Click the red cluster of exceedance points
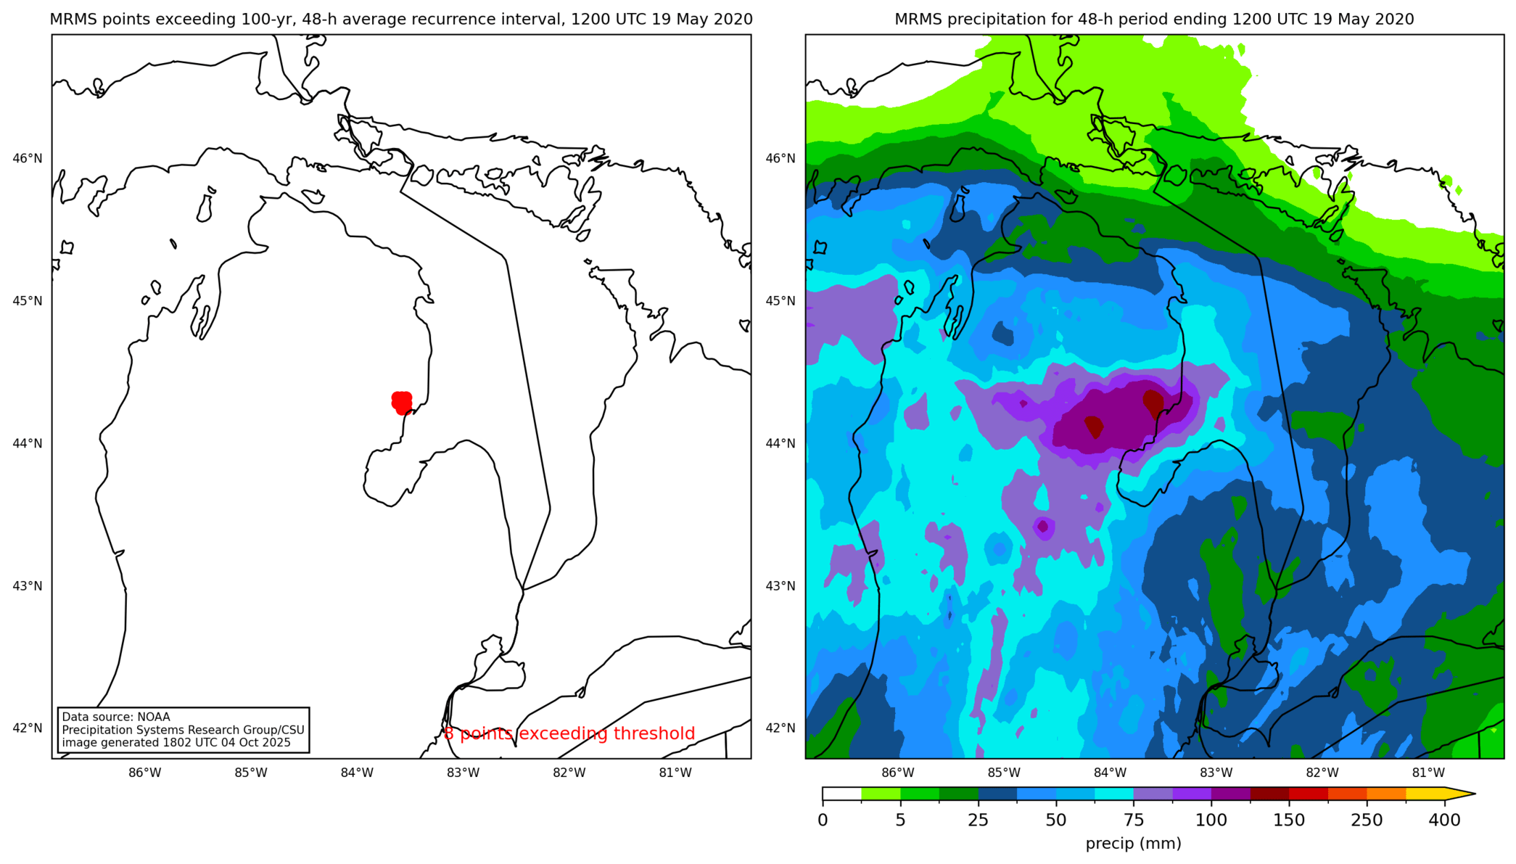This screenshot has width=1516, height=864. (402, 402)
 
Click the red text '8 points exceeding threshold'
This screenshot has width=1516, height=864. (569, 733)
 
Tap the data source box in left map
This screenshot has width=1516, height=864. (184, 730)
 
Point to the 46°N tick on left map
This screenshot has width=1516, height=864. (28, 158)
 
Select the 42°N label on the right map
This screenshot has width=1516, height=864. (780, 728)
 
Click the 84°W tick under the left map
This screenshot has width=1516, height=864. (357, 773)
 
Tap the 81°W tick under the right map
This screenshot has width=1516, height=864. (1428, 773)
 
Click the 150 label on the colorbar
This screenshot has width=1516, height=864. (1289, 820)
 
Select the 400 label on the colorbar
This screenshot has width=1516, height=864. (1444, 820)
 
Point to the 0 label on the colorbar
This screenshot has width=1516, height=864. (823, 820)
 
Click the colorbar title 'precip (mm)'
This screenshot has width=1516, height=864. (1133, 844)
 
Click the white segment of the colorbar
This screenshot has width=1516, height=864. (842, 794)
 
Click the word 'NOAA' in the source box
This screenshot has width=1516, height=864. (153, 717)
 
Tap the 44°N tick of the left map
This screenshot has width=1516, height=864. (28, 443)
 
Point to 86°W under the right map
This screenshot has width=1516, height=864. (898, 773)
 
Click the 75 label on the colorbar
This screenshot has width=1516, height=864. (1134, 820)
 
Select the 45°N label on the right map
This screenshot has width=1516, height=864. (780, 300)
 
